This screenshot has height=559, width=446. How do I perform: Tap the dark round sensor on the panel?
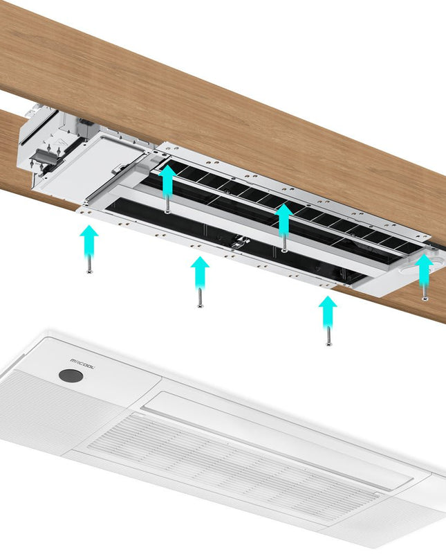(70, 377)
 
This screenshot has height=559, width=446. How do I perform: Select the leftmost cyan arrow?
(89, 241)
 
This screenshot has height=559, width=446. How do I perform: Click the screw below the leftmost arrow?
(89, 267)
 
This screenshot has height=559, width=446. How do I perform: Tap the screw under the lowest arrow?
(328, 339)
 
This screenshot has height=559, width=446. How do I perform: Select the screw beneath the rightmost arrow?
(425, 294)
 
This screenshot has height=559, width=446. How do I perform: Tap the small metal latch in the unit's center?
(240, 243)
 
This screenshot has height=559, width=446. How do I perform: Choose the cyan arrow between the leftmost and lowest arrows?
(200, 273)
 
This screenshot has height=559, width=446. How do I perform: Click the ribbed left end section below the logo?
(41, 416)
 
